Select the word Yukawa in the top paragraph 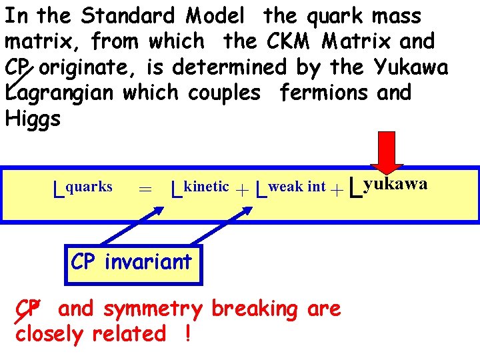411,67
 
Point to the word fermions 324,93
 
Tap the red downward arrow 387,158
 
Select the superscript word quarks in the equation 89,187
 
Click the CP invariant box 131,262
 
